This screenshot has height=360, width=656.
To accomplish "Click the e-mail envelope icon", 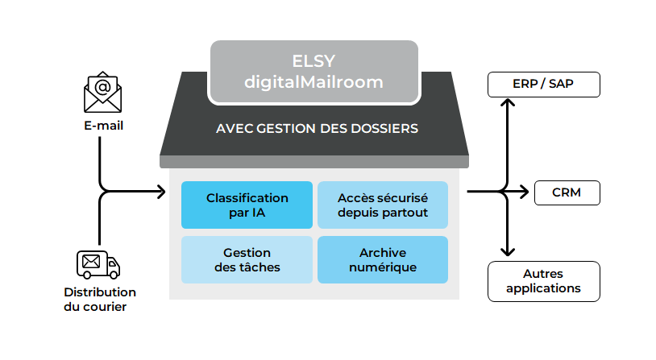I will pos(102,94).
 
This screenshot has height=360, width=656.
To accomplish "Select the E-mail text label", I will pos(103,126).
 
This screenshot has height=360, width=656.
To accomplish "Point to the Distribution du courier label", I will pos(100,299).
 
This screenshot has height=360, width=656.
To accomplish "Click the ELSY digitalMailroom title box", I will pos(313,72).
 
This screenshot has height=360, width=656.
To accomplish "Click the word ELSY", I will pos(314,62).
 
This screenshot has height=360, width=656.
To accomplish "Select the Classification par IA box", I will pos(247,205).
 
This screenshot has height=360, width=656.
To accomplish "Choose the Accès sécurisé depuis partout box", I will pos(383,205).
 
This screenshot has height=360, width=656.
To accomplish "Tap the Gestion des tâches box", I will pos(247,259).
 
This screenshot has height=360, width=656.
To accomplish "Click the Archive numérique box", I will pos(383,259).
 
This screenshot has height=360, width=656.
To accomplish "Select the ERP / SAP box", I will pos(543,84).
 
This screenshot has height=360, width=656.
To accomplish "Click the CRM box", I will pos(566,192).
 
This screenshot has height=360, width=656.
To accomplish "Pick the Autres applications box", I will pos(543,281).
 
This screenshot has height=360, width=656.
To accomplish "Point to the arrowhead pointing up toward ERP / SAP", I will pos(507,103).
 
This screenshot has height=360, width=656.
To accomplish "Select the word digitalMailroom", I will pos(314,81).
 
